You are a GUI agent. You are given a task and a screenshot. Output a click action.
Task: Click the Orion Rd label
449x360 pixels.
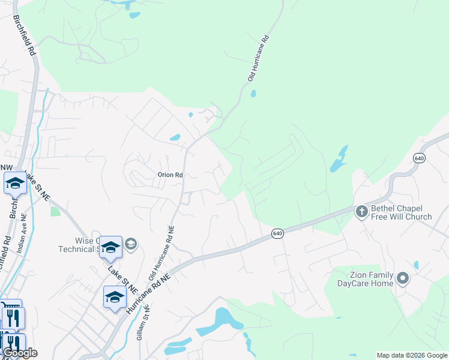[170, 175]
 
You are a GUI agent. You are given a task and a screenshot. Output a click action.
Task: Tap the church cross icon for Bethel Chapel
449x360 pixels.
[361, 211]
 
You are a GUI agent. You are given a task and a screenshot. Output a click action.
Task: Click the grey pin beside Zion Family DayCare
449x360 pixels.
[403, 278]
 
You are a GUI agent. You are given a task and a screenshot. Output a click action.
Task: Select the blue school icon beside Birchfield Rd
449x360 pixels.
[14, 183]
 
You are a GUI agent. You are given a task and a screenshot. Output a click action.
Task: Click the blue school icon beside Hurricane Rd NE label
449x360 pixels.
[115, 297]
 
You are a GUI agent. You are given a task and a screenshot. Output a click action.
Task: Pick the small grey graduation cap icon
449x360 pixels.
[131, 244]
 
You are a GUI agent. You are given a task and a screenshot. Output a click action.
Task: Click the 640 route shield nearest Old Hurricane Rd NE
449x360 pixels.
[277, 233]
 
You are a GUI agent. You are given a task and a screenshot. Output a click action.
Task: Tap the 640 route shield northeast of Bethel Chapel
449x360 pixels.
[419, 158]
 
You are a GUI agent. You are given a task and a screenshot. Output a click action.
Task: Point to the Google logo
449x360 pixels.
[19, 353]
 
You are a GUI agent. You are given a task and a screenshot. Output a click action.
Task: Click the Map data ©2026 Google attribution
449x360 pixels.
[412, 355]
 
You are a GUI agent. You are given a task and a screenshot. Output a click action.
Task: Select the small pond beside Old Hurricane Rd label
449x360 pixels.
[253, 94]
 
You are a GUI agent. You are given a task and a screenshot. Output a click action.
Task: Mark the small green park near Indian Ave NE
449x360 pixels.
[55, 211]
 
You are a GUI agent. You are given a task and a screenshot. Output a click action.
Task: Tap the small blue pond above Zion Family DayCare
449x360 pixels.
[416, 265]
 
